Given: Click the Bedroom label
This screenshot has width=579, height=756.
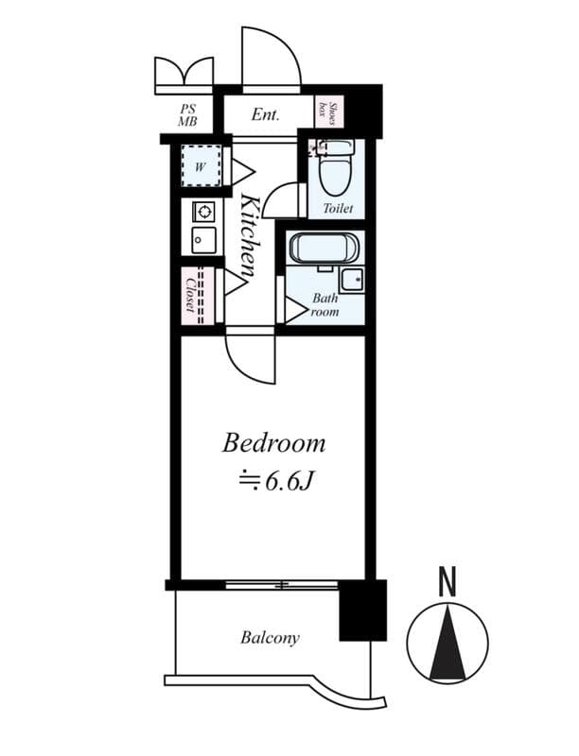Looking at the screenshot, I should tap(273, 442).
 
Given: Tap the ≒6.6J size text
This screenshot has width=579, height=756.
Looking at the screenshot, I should tap(274, 481).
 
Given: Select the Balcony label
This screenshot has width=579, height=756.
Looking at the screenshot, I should tap(270, 638).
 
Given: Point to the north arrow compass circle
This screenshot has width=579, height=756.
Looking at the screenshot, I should tap(447, 642).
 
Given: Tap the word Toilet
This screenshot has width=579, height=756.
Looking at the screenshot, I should tap(338, 208).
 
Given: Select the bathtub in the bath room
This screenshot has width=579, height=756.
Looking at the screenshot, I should tap(325, 249).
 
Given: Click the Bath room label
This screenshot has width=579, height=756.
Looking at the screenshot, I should tap(325, 304).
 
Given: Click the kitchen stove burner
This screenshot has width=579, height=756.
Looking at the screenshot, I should tap(203, 212).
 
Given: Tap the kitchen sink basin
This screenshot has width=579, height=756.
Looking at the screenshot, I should tap(202, 240).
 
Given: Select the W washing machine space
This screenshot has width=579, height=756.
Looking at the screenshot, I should tap(201, 167).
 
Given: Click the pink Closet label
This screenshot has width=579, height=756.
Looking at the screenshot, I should tap(191, 296).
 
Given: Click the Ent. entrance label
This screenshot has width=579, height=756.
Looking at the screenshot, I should tap(265, 115).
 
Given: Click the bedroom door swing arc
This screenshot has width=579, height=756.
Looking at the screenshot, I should tap(252, 359).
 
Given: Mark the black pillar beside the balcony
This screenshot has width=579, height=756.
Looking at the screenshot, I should tap(362, 610).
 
